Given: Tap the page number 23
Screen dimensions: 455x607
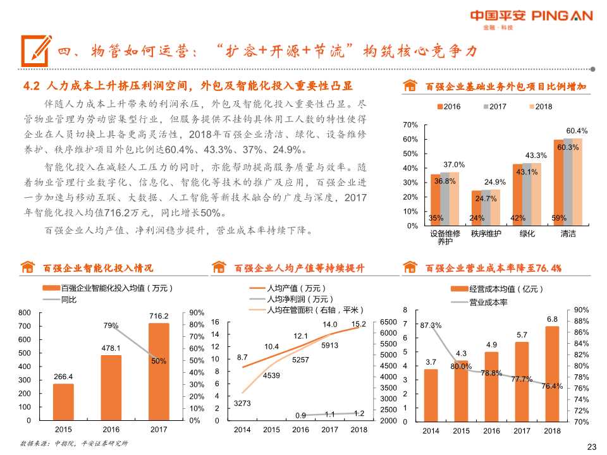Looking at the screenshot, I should [x=592, y=447].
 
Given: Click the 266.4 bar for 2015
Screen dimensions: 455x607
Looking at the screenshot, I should [x=63, y=402].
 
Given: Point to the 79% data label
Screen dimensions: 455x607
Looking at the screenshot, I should [x=111, y=326].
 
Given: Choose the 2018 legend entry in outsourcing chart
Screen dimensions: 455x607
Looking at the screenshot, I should [x=539, y=107].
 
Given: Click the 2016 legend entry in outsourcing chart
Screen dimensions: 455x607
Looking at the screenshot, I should [x=448, y=107].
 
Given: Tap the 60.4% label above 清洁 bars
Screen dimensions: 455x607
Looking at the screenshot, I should [x=577, y=131].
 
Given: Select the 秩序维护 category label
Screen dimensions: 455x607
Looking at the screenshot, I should [x=486, y=234].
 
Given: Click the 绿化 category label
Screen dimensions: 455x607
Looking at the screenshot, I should [x=527, y=234].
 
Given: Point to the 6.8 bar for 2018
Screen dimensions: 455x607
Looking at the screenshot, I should [x=551, y=373].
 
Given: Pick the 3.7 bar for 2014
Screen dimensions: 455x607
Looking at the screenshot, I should [x=431, y=395].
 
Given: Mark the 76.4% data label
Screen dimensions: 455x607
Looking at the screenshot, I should [x=552, y=386].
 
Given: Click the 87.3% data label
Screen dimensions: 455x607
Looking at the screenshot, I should [x=431, y=325].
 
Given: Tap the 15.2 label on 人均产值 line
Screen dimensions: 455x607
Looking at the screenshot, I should [x=359, y=324].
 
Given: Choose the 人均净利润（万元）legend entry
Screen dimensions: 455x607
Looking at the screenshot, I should [x=300, y=299].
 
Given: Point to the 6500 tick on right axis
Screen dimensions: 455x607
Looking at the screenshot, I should [x=388, y=322].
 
